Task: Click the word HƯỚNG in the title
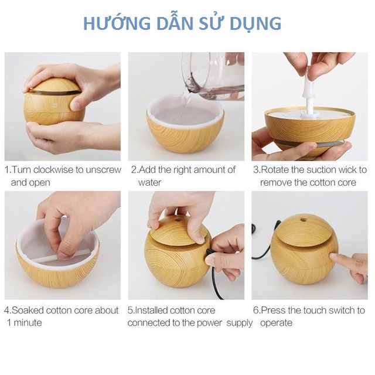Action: click(117, 23)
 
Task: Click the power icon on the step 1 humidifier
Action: click(55, 105)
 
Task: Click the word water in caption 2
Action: click(150, 183)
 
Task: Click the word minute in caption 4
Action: click(28, 323)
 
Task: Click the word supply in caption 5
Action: click(240, 323)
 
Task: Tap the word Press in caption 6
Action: click(274, 311)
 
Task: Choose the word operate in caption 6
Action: click(276, 323)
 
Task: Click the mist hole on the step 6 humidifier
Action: click(304, 219)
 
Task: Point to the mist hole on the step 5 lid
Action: click(178, 220)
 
